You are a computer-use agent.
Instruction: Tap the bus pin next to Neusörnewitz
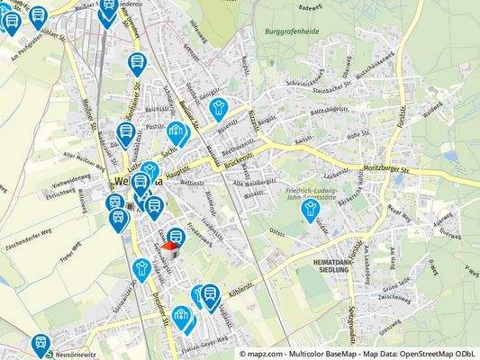click(41, 344)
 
